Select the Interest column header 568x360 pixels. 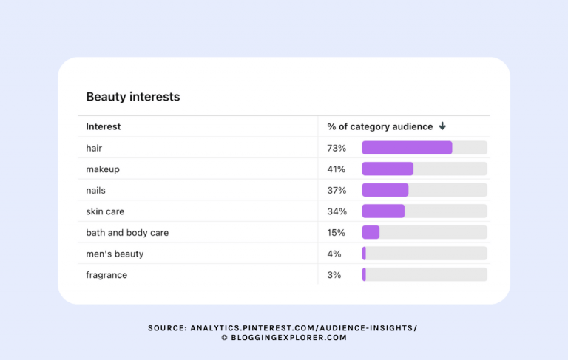coord(103,126)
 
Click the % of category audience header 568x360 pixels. coord(379,126)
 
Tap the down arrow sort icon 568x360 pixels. coord(442,126)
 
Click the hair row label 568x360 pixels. coord(94,148)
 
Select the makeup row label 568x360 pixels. coord(102,169)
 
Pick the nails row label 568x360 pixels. coord(95,190)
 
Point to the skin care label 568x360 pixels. coord(105,211)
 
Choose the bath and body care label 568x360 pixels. coord(127,233)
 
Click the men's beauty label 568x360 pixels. coord(115,254)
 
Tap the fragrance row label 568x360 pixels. coord(106,275)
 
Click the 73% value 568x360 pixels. coord(337,148)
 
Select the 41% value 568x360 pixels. coord(337,169)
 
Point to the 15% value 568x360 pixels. coord(337,233)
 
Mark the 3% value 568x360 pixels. coord(334,275)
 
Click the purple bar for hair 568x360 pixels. coord(407,148)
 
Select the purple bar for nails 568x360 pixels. coord(385,190)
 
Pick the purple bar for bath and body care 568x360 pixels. coord(371,233)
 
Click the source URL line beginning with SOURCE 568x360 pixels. coord(283,327)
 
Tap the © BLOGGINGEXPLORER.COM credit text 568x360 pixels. coord(283,338)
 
